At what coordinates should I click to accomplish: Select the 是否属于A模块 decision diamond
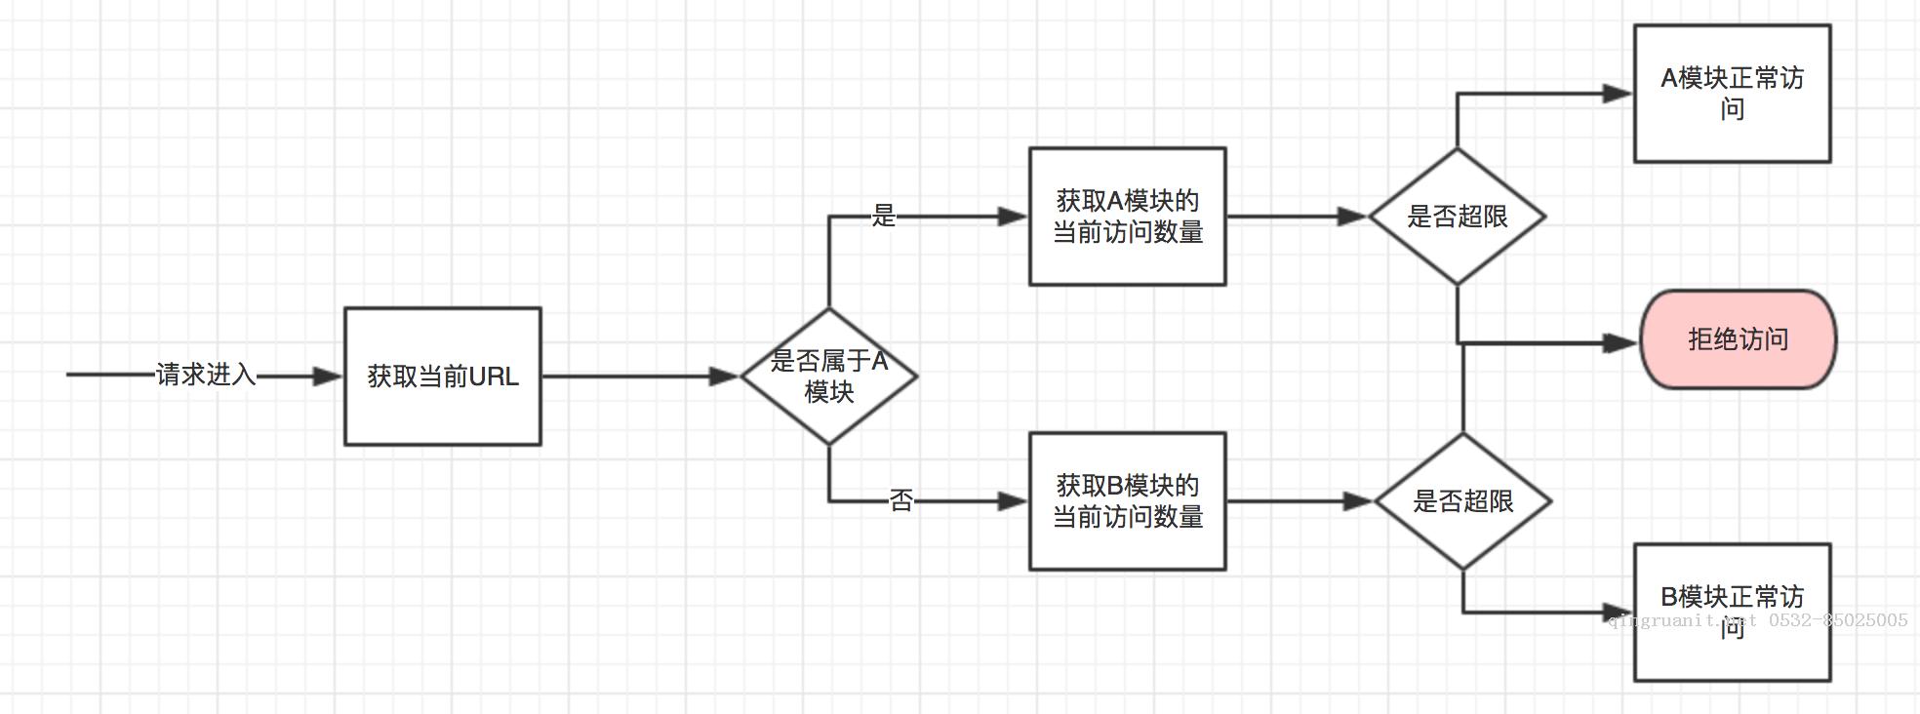click(828, 377)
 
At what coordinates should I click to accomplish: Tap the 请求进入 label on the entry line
click(205, 375)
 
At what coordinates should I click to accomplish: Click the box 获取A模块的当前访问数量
click(1127, 217)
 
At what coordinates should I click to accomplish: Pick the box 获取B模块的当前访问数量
click(1127, 501)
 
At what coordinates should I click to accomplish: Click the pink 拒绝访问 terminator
click(1738, 339)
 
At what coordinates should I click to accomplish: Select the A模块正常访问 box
click(1732, 94)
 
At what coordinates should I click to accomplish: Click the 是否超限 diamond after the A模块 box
click(1457, 217)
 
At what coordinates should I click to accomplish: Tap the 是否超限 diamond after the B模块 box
click(1462, 501)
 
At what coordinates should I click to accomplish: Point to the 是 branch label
click(883, 216)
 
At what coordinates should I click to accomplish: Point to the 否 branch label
click(900, 501)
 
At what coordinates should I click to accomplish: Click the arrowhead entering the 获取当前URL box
click(328, 377)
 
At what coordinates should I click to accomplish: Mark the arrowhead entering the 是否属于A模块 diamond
click(724, 377)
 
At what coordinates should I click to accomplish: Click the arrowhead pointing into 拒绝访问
click(1621, 342)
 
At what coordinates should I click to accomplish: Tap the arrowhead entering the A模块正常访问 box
click(1618, 94)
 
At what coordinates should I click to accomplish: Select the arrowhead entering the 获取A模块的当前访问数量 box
click(1013, 217)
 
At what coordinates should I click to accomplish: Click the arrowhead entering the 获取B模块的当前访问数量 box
click(1013, 501)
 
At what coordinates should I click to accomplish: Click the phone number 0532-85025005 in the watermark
click(1838, 620)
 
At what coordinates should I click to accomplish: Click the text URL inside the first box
click(494, 377)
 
